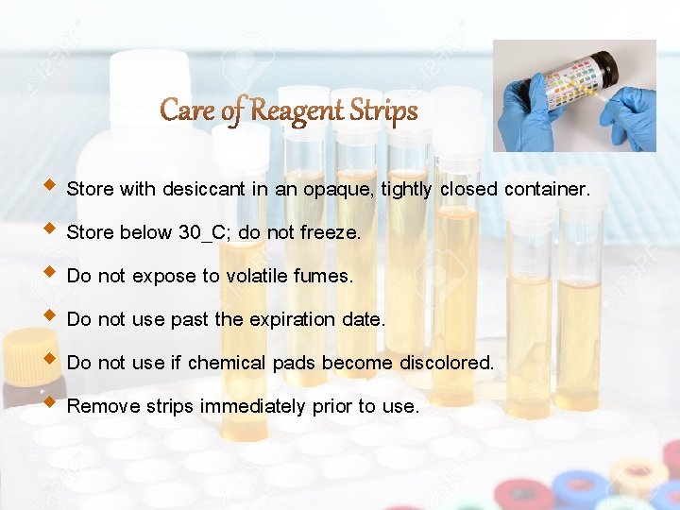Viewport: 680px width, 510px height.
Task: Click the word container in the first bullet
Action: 546,189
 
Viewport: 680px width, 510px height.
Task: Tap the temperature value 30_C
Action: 203,232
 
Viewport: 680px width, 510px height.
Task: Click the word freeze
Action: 330,232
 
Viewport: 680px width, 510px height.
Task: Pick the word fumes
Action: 324,277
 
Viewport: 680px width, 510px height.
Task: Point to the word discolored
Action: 447,363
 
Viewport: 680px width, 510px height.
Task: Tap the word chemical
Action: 224,363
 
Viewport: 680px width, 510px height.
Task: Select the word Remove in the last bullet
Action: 97,407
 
